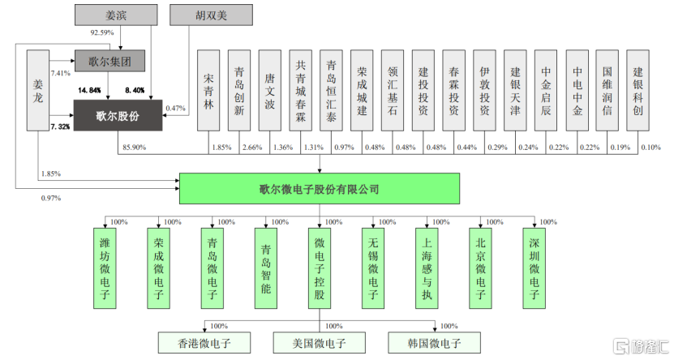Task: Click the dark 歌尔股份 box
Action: [118, 115]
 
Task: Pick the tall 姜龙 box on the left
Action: [37, 90]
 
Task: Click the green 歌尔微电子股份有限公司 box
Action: [319, 189]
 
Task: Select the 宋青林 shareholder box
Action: [208, 90]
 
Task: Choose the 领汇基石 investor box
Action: [393, 90]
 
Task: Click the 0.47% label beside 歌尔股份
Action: [175, 108]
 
